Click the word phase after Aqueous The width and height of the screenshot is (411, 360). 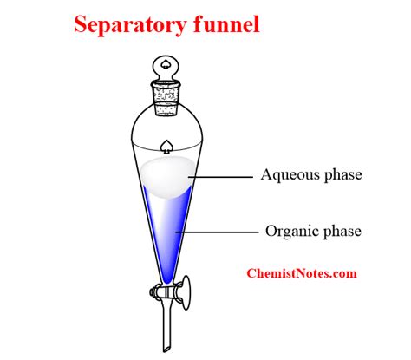(341, 175)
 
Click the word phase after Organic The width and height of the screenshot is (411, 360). (338, 232)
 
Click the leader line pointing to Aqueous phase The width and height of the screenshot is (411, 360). (221, 176)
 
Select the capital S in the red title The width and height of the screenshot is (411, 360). (80, 24)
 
